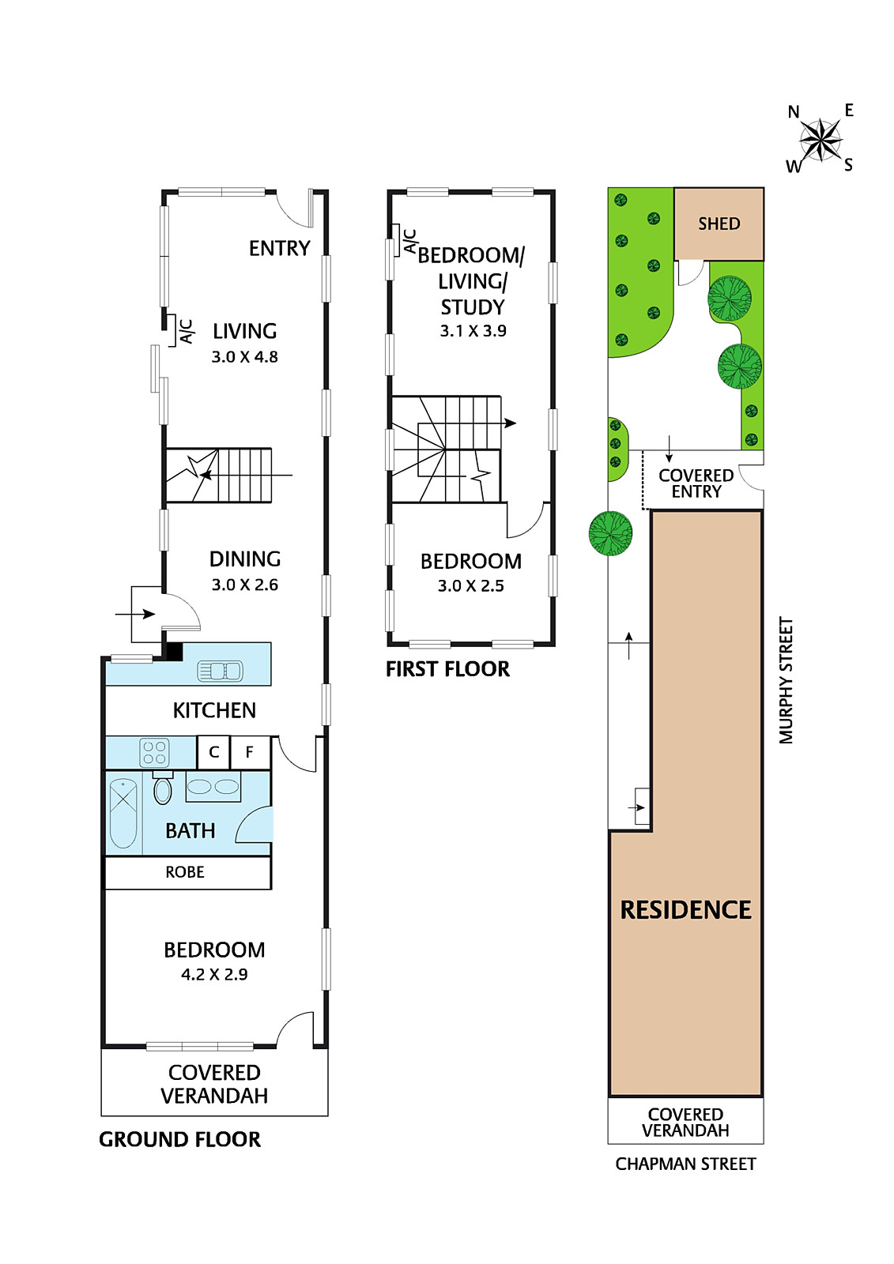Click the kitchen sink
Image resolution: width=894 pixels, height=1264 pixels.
[220, 671]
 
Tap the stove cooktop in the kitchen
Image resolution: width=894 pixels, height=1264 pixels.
[154, 753]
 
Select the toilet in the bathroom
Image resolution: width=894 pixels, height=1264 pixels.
[163, 789]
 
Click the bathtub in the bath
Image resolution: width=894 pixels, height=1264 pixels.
[123, 813]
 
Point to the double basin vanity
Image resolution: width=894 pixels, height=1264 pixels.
[213, 787]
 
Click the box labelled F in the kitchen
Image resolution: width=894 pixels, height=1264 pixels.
[250, 752]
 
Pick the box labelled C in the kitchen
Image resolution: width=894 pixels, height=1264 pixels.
[213, 752]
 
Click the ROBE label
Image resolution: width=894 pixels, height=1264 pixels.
[185, 872]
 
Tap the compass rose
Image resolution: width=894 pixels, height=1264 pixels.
[821, 141]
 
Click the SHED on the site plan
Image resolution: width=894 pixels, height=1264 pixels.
[719, 224]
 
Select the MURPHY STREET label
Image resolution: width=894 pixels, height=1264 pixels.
[786, 680]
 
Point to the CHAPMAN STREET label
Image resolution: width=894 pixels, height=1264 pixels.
[685, 1164]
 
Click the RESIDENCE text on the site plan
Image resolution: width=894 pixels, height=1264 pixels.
[685, 910]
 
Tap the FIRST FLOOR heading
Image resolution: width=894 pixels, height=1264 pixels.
[447, 669]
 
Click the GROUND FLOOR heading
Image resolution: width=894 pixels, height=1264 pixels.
[179, 1139]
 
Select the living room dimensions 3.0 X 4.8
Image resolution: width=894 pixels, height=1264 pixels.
[244, 357]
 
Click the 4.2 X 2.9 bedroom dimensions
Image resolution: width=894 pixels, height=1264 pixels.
[214, 975]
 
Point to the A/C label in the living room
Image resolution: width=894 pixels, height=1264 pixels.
[187, 331]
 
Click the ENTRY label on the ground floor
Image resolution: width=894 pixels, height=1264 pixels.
[279, 249]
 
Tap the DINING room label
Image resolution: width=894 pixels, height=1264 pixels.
[245, 559]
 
